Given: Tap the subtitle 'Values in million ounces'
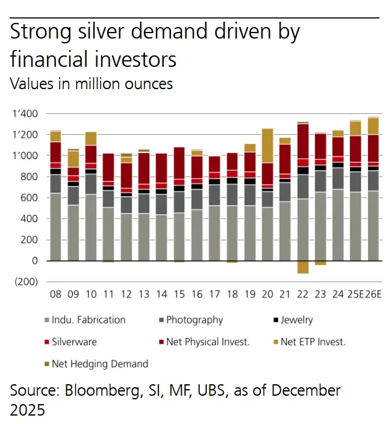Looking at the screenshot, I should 92,84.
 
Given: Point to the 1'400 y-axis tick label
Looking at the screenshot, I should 25,114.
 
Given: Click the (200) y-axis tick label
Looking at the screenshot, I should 25,282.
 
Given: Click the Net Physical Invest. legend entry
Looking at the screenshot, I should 207,342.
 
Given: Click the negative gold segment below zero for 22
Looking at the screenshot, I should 302,267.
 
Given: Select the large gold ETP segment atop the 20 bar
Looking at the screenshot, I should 267,145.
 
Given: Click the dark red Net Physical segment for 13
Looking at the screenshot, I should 143,169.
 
